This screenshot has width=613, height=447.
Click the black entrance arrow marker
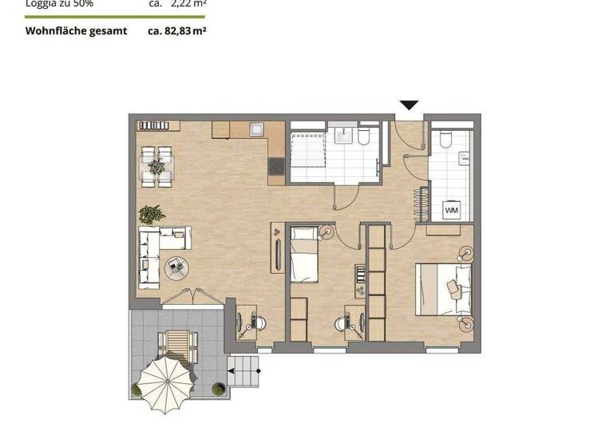pos(409,105)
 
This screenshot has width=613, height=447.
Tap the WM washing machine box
pos(452,210)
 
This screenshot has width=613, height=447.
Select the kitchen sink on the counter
pos(257,129)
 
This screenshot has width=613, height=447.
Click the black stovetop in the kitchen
pos(276,166)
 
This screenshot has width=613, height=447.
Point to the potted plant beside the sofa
pos(152,214)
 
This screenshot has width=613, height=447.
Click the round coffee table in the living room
pos(176,268)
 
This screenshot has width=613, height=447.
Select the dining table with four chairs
pos(157,166)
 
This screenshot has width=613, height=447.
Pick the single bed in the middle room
pos(304,255)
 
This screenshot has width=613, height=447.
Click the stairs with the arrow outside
pos(244,367)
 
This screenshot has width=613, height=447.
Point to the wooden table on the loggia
pos(178,344)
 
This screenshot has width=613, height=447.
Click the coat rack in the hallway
pos(419,204)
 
